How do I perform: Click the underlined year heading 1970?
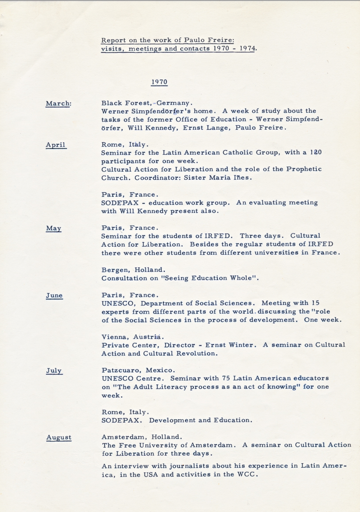pos(159,82)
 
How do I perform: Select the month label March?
pos(58,103)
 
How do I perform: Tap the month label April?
pos(55,145)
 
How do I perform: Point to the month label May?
pos(54,228)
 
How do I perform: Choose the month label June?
pos(54,296)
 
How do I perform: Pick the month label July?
pos(54,371)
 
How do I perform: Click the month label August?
pos(59,437)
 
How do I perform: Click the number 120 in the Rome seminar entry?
pos(316,152)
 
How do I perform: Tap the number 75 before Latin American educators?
pos(226,378)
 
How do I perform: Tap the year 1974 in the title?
pos(247,48)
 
